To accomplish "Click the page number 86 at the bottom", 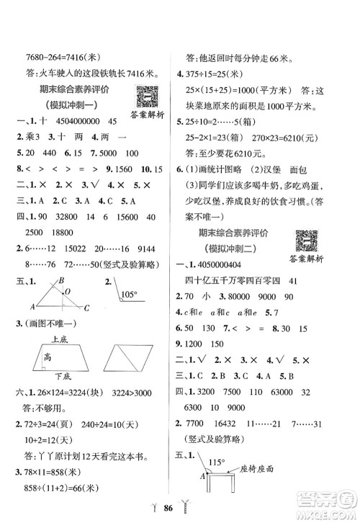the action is point(179,507).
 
